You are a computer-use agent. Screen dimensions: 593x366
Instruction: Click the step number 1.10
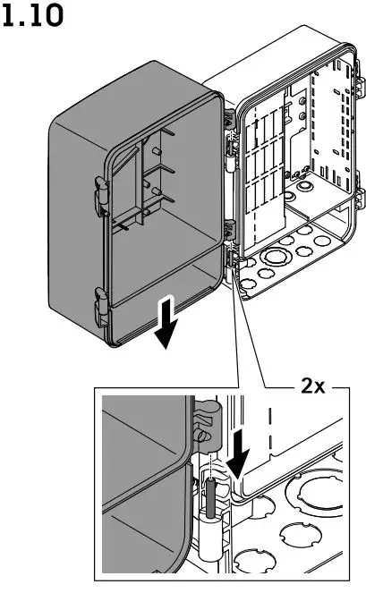pyautogui.click(x=34, y=17)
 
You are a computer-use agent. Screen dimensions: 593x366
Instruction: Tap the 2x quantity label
pyautogui.click(x=313, y=386)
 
